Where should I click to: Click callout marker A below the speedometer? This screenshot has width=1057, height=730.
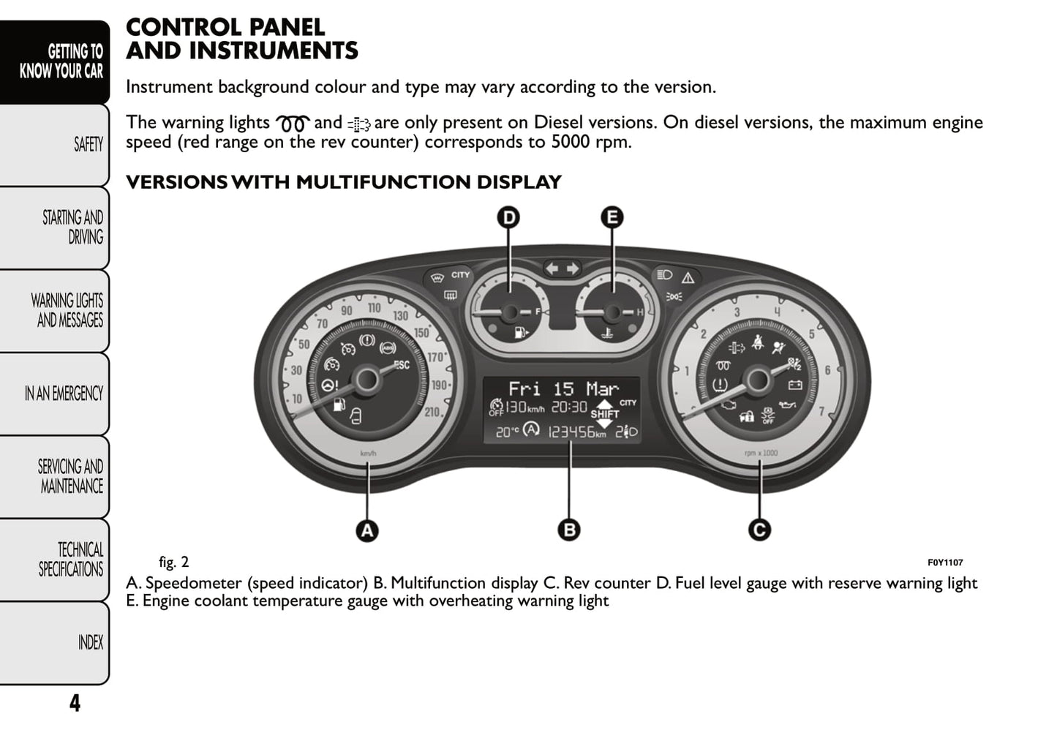tap(367, 530)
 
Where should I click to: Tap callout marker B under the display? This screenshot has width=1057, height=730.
tap(568, 530)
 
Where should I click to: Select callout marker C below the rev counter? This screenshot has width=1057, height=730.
tap(759, 530)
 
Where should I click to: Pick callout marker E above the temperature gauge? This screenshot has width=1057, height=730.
tap(612, 217)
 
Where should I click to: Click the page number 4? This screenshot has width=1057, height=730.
tap(75, 703)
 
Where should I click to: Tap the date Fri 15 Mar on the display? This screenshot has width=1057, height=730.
tap(563, 388)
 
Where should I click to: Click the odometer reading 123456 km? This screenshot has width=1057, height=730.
tap(576, 432)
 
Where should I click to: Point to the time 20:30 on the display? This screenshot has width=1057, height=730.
tap(568, 407)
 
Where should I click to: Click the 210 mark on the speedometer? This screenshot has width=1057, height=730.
tap(432, 412)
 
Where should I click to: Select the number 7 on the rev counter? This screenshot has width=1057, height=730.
tap(821, 412)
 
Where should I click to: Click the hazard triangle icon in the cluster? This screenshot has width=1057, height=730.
tap(688, 278)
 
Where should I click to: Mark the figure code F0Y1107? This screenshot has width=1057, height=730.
tap(945, 562)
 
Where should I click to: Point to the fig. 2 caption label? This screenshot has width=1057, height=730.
tap(173, 562)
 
